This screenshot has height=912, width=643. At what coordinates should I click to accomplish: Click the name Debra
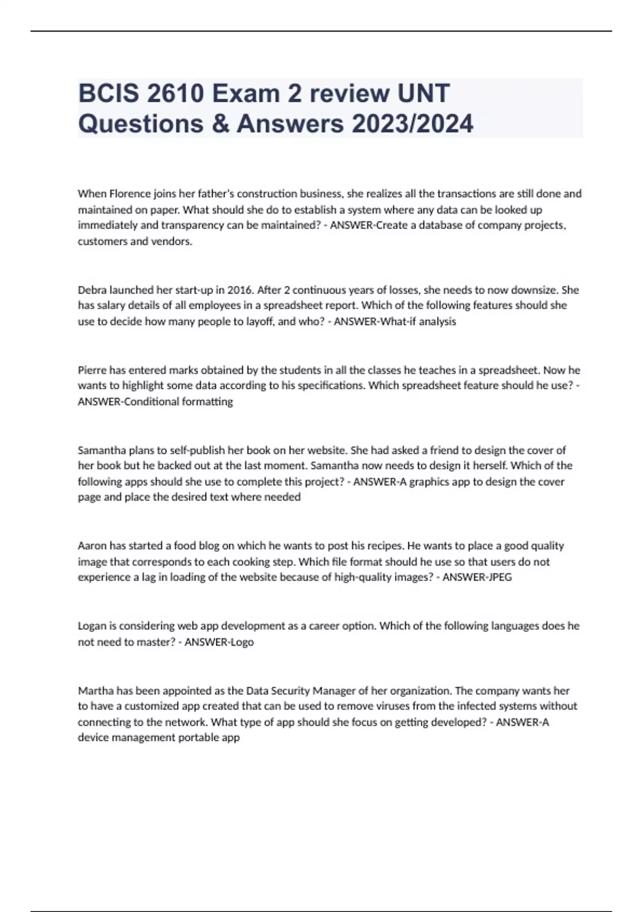92,290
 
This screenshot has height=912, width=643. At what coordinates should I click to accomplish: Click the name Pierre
92,370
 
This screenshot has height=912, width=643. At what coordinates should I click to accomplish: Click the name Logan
92,626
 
